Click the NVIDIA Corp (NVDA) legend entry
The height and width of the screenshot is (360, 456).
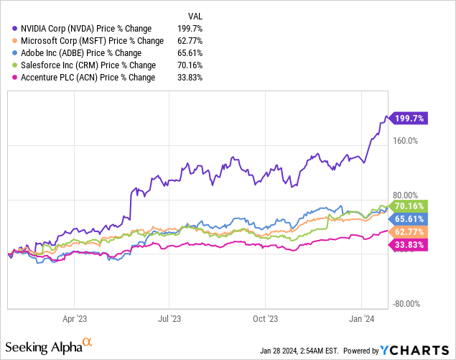tap(84, 28)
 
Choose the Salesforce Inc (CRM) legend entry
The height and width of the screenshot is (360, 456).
tap(87, 65)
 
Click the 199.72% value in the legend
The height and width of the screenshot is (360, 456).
tap(190, 28)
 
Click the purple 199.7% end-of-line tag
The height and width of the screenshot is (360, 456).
tap(409, 118)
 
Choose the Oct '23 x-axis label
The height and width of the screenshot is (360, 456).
tap(266, 317)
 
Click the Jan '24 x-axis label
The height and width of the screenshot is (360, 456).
tap(361, 317)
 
